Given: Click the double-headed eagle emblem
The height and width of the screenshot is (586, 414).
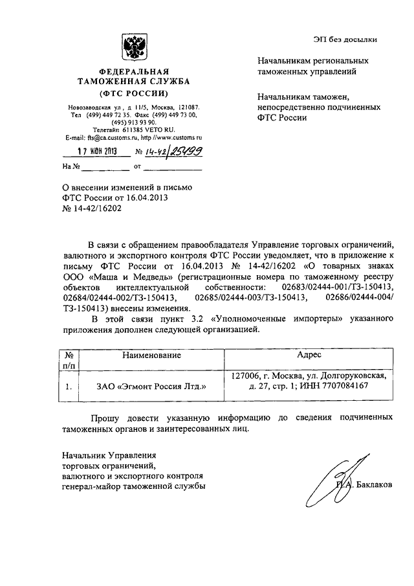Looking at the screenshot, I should coord(134,47).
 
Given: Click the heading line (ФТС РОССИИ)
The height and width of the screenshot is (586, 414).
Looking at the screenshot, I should coord(134,93).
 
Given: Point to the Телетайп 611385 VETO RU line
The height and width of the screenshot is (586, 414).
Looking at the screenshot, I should coord(134,130).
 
